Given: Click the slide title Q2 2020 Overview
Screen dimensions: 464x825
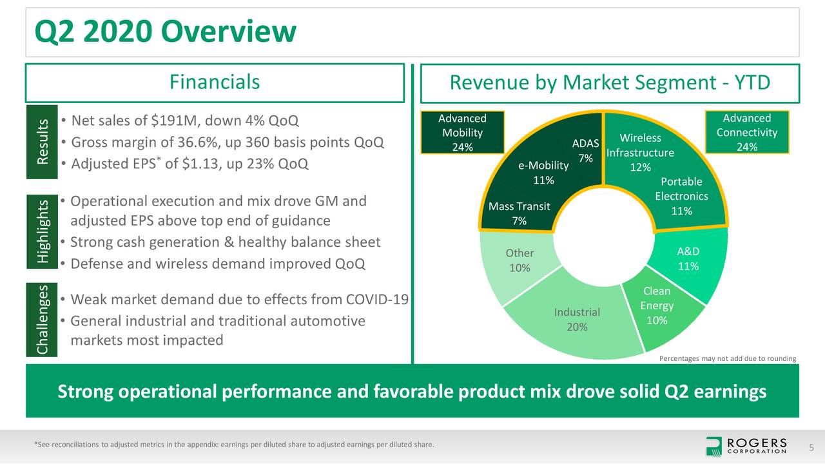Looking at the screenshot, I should pyautogui.click(x=165, y=32).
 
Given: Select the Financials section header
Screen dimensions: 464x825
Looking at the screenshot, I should pyautogui.click(x=215, y=82).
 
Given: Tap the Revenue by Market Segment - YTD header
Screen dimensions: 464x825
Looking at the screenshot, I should pyautogui.click(x=609, y=83).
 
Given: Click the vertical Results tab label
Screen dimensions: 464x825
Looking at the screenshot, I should pyautogui.click(x=42, y=142).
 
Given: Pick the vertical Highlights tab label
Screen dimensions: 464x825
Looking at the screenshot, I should pyautogui.click(x=42, y=231).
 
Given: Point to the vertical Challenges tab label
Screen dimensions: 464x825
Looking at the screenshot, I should pyautogui.click(x=42, y=319).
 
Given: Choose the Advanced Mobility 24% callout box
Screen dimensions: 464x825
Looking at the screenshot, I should pyautogui.click(x=462, y=133).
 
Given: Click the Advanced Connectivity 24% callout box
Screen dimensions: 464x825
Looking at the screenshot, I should pyautogui.click(x=746, y=133).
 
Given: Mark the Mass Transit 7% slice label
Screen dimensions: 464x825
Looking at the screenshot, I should pyautogui.click(x=519, y=213).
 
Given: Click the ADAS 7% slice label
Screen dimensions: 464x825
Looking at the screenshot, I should pyautogui.click(x=585, y=150).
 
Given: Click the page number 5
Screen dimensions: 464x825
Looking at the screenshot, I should pyautogui.click(x=811, y=447).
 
